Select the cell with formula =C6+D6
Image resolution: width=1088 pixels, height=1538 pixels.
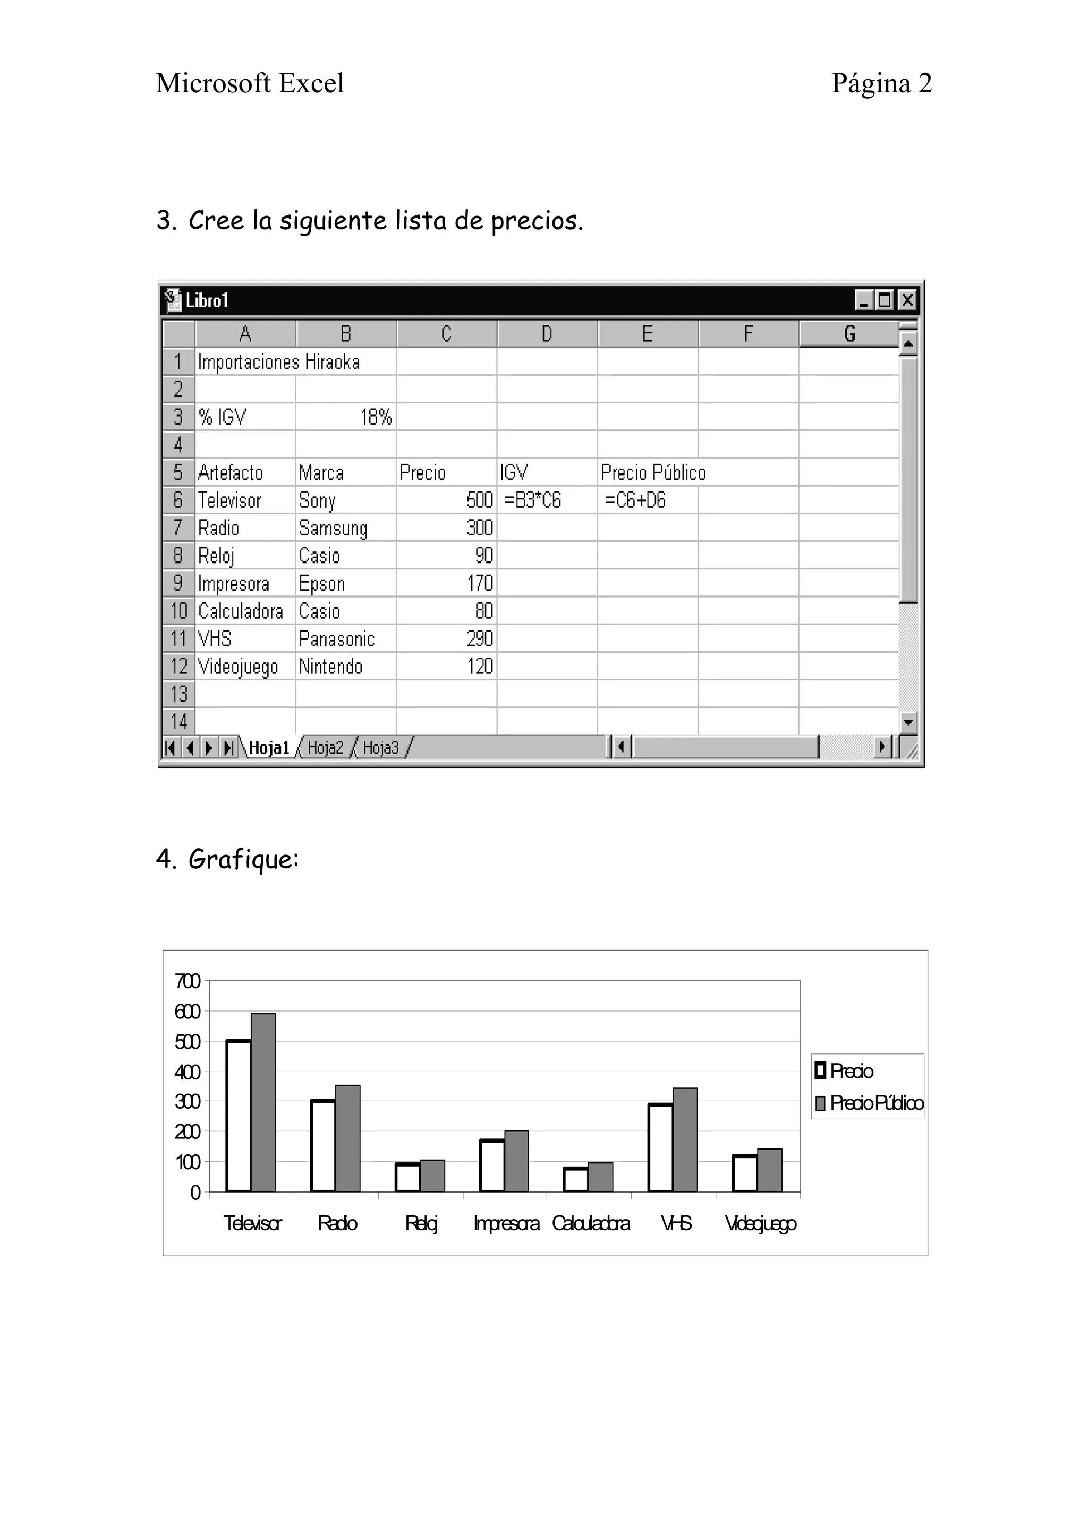coord(647,500)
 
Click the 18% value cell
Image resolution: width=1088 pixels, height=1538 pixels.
coord(346,417)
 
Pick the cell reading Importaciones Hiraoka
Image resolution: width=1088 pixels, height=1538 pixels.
coord(279,362)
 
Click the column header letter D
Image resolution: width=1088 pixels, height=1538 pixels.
coord(547,334)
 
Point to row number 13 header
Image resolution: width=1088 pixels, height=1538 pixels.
coord(179,694)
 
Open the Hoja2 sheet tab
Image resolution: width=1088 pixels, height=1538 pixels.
coord(326,748)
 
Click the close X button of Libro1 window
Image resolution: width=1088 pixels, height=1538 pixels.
coord(907,300)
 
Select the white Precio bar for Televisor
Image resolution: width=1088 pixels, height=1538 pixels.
coord(239,1116)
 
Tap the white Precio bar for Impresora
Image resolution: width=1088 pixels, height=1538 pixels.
coord(492,1165)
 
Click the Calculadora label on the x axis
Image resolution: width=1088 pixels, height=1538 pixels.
coord(591,1224)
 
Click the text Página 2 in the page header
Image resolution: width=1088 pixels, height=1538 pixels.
coord(881,83)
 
